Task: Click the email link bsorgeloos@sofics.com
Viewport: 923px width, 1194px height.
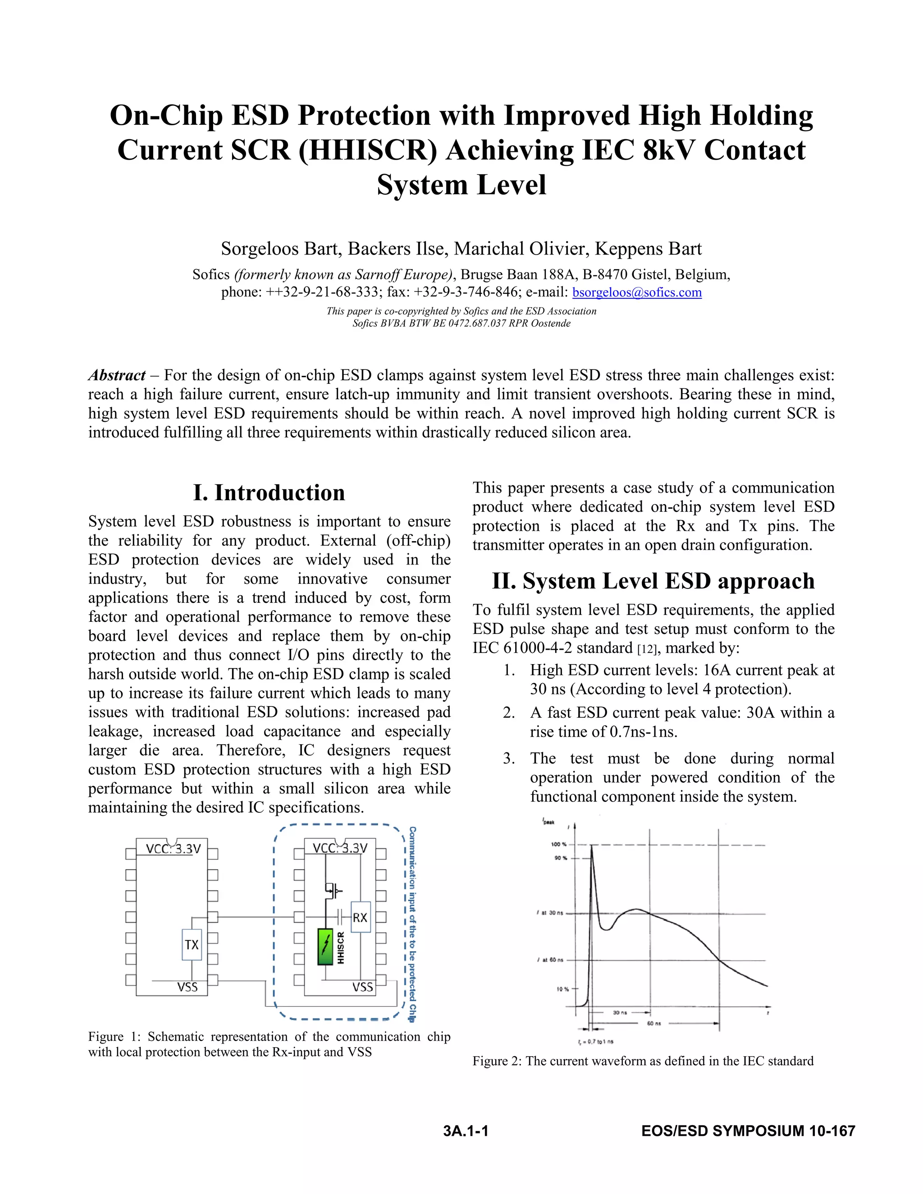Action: [636, 292]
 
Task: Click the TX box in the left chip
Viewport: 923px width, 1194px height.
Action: [192, 945]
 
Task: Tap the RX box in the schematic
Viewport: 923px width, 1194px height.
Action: [360, 917]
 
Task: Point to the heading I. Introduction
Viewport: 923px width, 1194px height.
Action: [269, 492]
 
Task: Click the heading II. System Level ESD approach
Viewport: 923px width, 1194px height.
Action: [653, 581]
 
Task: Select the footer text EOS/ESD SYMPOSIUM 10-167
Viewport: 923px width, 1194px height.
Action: [748, 1130]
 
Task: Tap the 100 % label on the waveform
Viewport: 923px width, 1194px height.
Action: [558, 845]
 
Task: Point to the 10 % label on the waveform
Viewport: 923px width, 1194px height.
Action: [562, 989]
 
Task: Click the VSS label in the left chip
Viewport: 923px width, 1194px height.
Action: [187, 987]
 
